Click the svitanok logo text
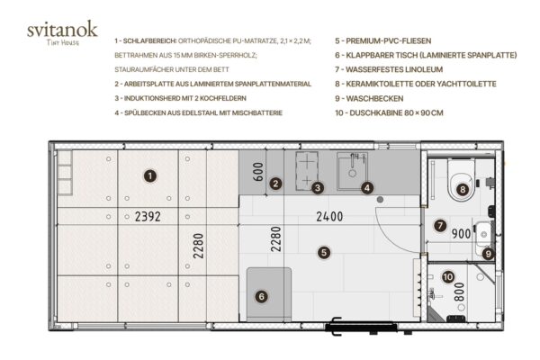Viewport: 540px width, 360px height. pyautogui.click(x=62, y=30)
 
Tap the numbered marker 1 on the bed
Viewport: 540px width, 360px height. pyautogui.click(x=150, y=176)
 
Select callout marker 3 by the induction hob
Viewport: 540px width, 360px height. pyautogui.click(x=318, y=188)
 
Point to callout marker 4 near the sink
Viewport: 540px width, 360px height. pyautogui.click(x=367, y=188)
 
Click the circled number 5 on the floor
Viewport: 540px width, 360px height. pyautogui.click(x=324, y=253)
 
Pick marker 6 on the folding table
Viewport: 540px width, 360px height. pyautogui.click(x=261, y=297)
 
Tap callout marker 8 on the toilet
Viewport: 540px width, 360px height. pyautogui.click(x=463, y=189)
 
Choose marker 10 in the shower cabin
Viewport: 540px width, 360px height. pyautogui.click(x=448, y=277)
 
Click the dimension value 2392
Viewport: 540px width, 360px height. pyautogui.click(x=148, y=217)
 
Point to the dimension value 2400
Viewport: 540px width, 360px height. pyautogui.click(x=329, y=217)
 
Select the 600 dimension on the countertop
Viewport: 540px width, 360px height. pyautogui.click(x=258, y=172)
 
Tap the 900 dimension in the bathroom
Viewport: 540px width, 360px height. pyautogui.click(x=461, y=234)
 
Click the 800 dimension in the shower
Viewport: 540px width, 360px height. pyautogui.click(x=459, y=292)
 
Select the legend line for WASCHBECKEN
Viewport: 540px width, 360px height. pyautogui.click(x=369, y=98)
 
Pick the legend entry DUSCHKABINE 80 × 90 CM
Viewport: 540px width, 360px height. pyautogui.click(x=389, y=113)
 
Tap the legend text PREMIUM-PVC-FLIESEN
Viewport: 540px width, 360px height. pyautogui.click(x=383, y=41)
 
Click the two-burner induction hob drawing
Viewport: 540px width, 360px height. pyautogui.click(x=307, y=170)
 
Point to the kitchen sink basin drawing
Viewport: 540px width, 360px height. pyautogui.click(x=352, y=171)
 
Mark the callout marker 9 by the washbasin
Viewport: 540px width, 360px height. pyautogui.click(x=488, y=254)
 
